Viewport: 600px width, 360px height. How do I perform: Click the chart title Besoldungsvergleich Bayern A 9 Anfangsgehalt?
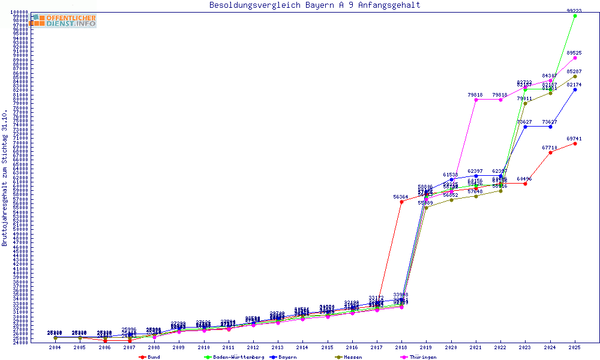pos(314,5)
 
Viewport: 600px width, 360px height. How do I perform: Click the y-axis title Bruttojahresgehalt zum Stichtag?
pos(5,178)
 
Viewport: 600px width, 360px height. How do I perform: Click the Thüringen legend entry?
pos(424,357)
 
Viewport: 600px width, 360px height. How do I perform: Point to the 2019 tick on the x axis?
pos(426,347)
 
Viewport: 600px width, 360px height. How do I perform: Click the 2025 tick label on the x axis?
pos(575,347)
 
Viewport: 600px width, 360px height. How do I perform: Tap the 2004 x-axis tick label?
pos(55,347)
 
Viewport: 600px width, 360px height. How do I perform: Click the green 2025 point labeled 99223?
pos(575,16)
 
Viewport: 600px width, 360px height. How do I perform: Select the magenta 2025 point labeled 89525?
pos(575,58)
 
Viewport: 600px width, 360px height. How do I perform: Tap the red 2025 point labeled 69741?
pos(575,143)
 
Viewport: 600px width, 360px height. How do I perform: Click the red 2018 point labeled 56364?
pos(401,202)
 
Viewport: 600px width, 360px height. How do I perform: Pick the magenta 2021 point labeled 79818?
pos(476,100)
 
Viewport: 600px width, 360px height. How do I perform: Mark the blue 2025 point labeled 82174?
pos(575,89)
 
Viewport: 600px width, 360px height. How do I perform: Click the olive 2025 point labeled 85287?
pos(575,76)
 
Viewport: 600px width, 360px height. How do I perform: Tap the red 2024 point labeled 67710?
pos(550,152)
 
